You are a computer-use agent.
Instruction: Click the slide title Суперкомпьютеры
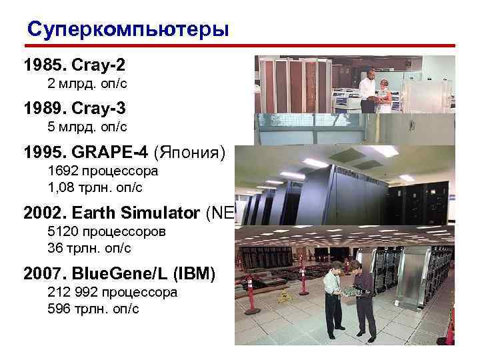[x=127, y=30]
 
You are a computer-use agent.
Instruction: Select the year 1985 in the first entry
[x=42, y=67]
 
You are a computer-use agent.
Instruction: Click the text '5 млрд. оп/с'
[x=87, y=126]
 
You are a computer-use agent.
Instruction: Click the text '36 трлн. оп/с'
[x=89, y=248]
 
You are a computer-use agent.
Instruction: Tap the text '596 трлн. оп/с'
[x=93, y=308]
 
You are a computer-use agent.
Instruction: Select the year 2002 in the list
[x=42, y=213]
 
